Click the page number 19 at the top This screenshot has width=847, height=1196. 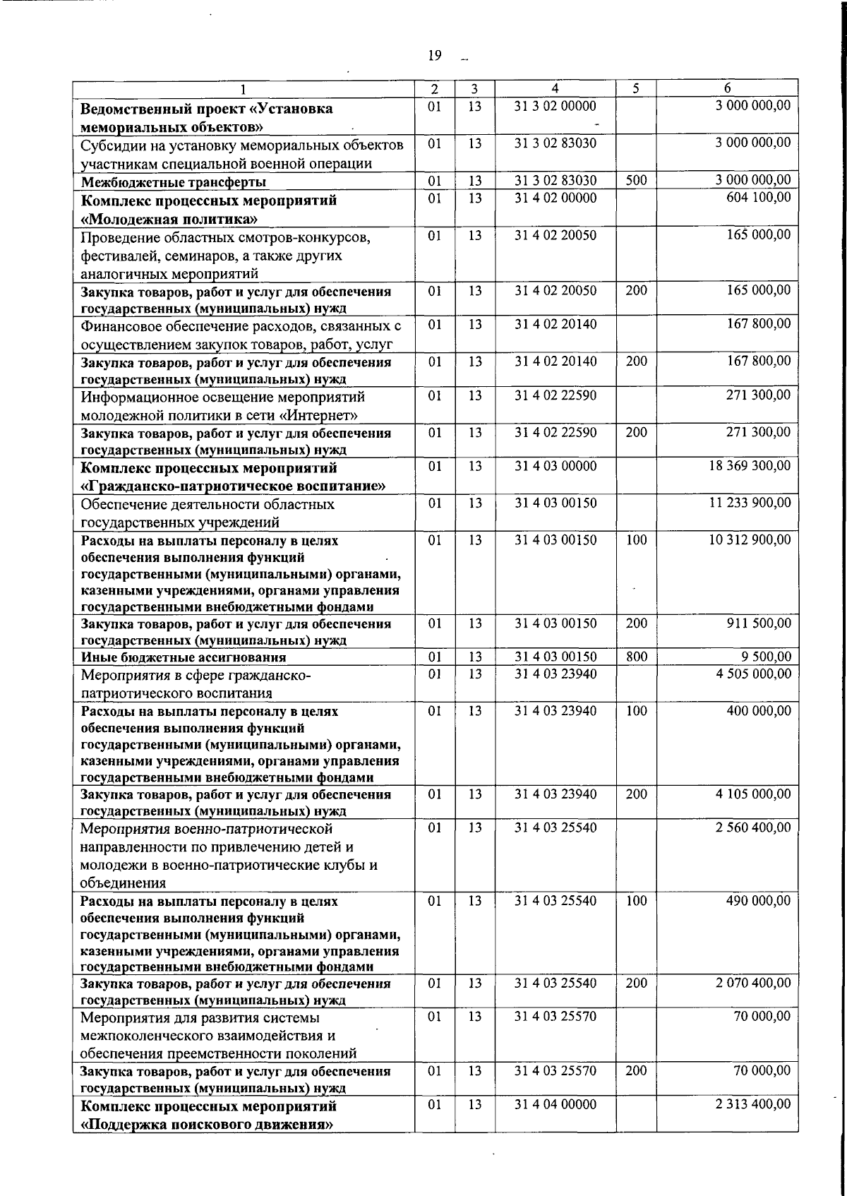(435, 56)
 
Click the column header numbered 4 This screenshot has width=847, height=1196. (555, 88)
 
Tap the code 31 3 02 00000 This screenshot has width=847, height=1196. (555, 106)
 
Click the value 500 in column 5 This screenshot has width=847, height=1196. (636, 180)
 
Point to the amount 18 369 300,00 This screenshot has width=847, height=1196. (750, 466)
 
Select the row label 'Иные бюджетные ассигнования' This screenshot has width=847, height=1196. (184, 657)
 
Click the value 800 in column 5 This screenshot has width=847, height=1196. (636, 657)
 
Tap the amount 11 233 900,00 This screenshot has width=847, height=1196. (750, 503)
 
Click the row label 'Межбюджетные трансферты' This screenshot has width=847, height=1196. (173, 182)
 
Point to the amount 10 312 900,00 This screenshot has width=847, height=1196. (750, 539)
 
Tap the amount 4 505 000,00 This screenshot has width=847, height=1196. (753, 674)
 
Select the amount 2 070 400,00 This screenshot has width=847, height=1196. (753, 982)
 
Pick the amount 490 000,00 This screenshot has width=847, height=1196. (759, 900)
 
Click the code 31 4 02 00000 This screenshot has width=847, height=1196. (555, 198)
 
